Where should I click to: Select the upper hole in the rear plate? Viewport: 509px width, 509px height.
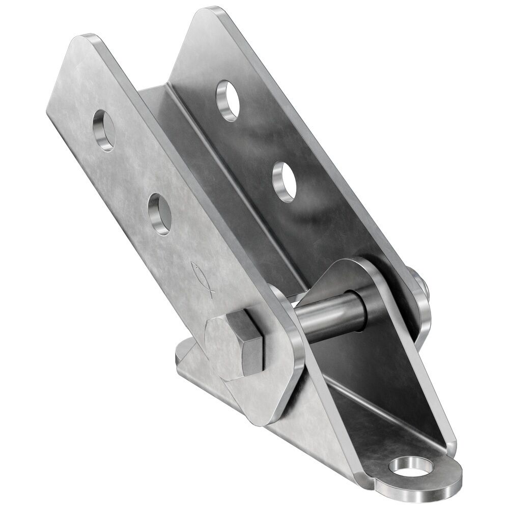coord(228,100)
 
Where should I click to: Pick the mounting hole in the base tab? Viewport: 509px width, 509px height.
coord(410,467)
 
